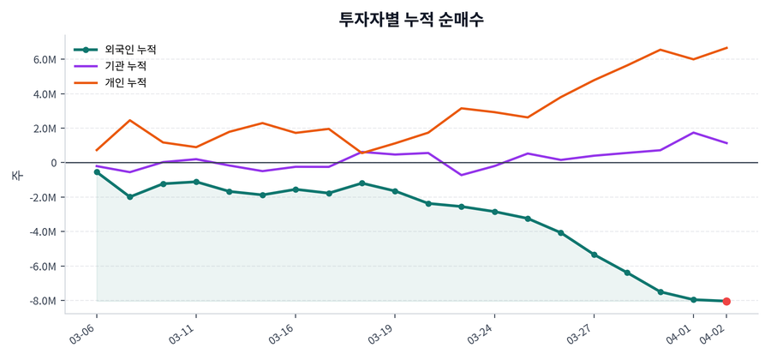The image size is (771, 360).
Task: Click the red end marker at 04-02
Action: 726,301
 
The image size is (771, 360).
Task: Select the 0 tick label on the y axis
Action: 52,163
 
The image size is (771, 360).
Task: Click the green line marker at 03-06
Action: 97,172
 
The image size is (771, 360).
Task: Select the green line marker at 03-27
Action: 594,255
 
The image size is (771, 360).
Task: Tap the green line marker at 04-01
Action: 694,299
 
